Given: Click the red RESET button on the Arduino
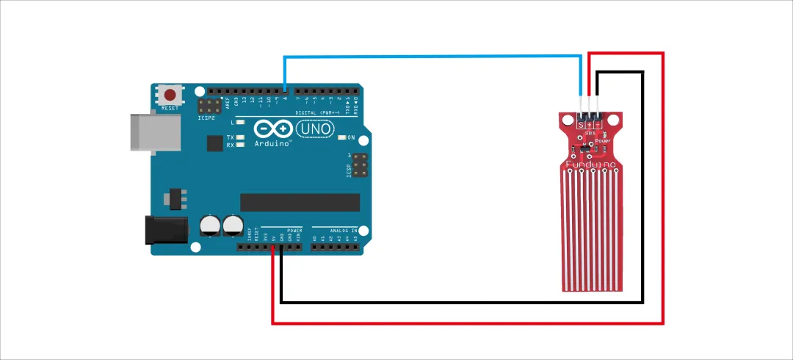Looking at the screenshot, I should (170, 96).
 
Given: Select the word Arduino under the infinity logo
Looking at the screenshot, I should (272, 144).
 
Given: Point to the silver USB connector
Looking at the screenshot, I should (153, 132).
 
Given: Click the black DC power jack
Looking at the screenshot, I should (166, 229).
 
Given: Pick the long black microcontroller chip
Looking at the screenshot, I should (300, 202).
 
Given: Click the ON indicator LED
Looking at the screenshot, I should (342, 137).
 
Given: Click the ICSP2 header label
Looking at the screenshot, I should (207, 117).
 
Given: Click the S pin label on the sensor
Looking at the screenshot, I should (581, 125).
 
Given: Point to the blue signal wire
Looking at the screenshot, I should (433, 56).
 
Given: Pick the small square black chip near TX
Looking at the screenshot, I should (214, 142).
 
